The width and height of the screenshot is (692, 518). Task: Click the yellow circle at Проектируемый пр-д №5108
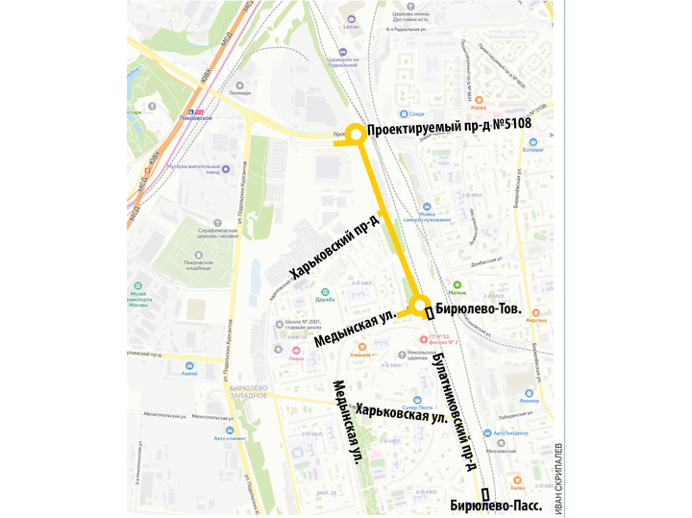tap(355, 135)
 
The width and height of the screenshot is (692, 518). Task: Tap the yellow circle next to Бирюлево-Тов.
tap(420, 307)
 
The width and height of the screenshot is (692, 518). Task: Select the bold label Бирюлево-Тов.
tap(480, 309)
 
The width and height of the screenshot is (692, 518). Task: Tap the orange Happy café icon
tap(478, 95)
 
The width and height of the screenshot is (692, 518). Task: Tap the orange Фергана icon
tap(535, 311)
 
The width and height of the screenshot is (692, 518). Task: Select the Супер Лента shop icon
tap(415, 400)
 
